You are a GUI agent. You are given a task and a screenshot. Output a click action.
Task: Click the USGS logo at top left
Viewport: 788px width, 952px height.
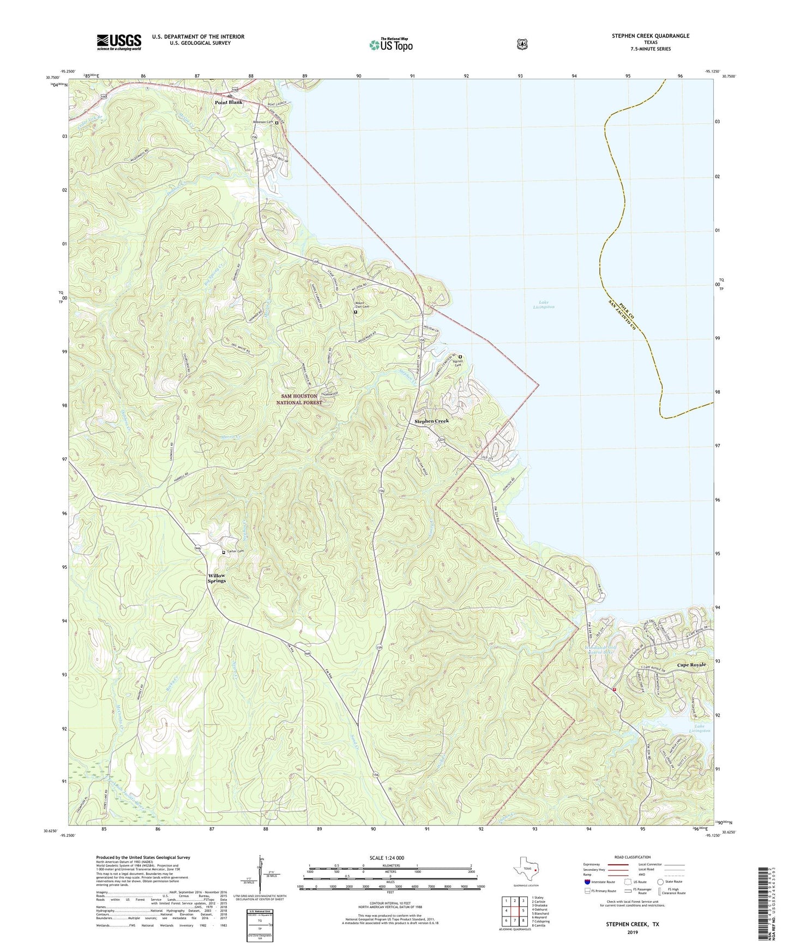pyautogui.click(x=119, y=41)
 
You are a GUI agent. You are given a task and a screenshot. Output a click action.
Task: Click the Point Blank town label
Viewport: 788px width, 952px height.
pyautogui.click(x=228, y=103)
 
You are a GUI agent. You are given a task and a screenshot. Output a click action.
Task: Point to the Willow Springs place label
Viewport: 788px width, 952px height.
pyautogui.click(x=216, y=578)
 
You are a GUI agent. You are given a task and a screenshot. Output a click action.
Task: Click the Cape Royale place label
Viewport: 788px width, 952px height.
pyautogui.click(x=691, y=665)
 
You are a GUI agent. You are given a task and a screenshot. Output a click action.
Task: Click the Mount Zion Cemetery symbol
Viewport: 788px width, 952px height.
pyautogui.click(x=356, y=312)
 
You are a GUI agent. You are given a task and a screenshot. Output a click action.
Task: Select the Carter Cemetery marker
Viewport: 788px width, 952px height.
pyautogui.click(x=224, y=552)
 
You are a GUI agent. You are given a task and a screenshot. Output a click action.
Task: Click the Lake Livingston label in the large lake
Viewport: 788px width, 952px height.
pyautogui.click(x=543, y=304)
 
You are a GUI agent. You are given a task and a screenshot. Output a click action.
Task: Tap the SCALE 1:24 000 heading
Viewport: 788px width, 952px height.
pyautogui.click(x=387, y=858)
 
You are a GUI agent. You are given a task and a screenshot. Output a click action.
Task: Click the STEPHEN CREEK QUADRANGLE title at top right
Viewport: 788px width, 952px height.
pyautogui.click(x=650, y=36)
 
